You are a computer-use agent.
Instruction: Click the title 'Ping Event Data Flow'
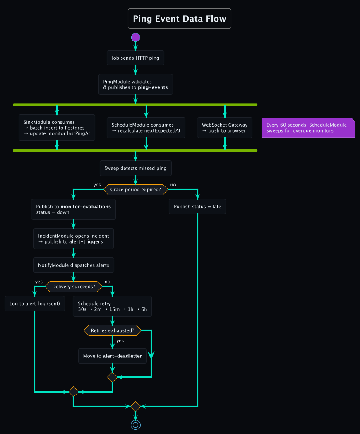pyautogui.click(x=179, y=19)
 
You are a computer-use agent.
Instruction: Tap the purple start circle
pyautogui.click(x=136, y=37)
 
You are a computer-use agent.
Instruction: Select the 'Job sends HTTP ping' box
pyautogui.click(x=135, y=58)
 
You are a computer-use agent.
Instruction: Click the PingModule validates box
pyautogui.click(x=135, y=84)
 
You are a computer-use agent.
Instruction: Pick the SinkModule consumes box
pyautogui.click(x=57, y=128)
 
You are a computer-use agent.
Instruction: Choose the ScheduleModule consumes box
pyautogui.click(x=146, y=128)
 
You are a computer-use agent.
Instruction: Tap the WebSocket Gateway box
pyautogui.click(x=224, y=128)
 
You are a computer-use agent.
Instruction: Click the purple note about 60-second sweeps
pyautogui.click(x=308, y=128)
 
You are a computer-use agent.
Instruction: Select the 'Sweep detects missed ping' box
pyautogui.click(x=135, y=169)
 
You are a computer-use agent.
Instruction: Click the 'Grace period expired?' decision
pyautogui.click(x=135, y=190)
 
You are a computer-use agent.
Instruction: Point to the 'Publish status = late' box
pyautogui.click(x=197, y=206)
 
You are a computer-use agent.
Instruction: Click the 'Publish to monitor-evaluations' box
pyautogui.click(x=73, y=209)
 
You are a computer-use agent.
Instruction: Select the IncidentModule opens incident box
pyautogui.click(x=73, y=239)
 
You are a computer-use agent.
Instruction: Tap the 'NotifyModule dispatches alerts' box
pyautogui.click(x=73, y=265)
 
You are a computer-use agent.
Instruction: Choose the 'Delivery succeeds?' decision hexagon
pyautogui.click(x=73, y=286)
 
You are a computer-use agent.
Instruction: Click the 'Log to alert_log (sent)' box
pyautogui.click(x=35, y=304)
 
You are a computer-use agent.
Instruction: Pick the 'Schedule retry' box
pyautogui.click(x=112, y=306)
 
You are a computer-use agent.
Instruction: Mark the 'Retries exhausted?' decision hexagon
pyautogui.click(x=112, y=330)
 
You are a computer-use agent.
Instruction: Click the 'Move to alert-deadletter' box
pyautogui.click(x=112, y=356)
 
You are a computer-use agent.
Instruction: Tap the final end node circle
pyautogui.click(x=136, y=424)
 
